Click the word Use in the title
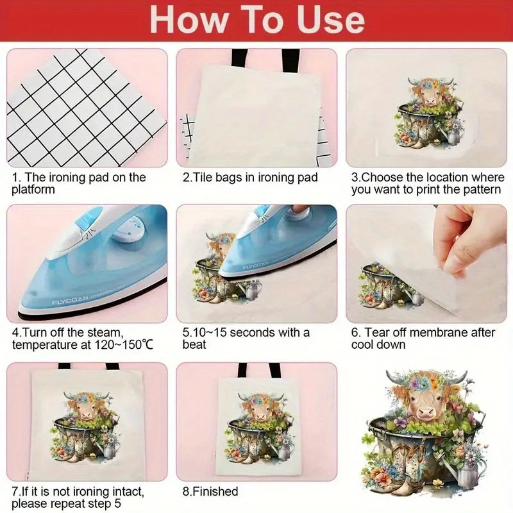[x=331, y=20]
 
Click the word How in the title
[x=189, y=20]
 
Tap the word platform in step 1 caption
[x=33, y=190]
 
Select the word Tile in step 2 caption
[x=201, y=178]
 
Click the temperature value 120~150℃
[x=124, y=345]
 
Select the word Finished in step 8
[x=215, y=491]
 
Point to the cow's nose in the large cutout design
[x=426, y=412]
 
